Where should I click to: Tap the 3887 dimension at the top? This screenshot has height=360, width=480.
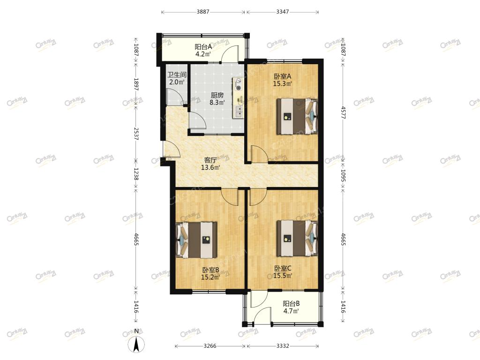point(203,12)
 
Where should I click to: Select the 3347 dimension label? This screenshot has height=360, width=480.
point(282,12)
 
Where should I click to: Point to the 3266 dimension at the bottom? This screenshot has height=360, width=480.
point(210,346)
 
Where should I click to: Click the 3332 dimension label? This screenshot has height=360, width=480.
point(283,346)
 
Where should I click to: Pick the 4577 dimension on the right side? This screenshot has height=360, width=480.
point(343,112)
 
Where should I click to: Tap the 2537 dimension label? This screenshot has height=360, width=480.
point(136,134)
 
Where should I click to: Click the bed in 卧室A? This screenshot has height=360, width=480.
point(297,116)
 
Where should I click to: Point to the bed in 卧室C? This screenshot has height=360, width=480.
point(297,238)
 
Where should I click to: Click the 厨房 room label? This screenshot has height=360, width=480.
point(217,95)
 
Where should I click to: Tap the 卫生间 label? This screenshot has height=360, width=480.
point(177,75)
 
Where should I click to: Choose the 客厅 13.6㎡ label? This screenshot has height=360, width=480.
point(210,164)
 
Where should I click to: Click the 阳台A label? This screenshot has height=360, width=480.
point(203,47)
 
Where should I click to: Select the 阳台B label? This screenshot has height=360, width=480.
point(291,304)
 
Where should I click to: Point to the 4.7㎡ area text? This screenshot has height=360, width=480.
point(291,311)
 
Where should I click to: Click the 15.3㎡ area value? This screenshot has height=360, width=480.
point(282,83)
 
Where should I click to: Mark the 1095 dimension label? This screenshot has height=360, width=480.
point(343,176)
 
